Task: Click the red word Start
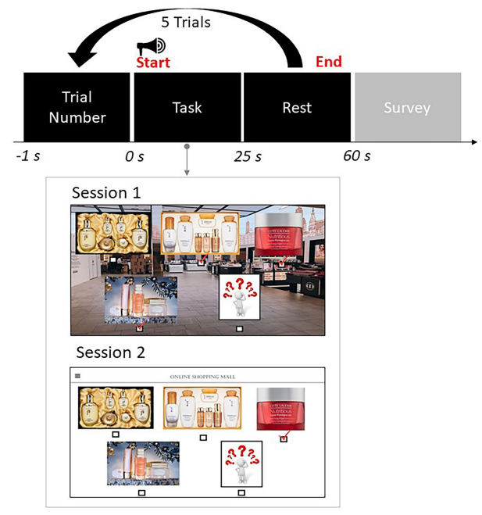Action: [x=153, y=62]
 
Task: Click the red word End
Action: [x=327, y=62]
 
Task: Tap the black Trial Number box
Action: [x=77, y=107]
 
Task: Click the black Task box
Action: [x=187, y=107]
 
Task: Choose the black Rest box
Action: [x=297, y=107]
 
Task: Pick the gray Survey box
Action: [x=407, y=107]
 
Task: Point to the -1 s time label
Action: [x=27, y=156]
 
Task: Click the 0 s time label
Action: [x=135, y=156]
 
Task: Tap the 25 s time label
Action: [x=248, y=156]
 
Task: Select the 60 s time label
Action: [x=356, y=156]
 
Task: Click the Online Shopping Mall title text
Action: [x=202, y=377]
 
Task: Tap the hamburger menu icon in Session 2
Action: [x=77, y=376]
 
